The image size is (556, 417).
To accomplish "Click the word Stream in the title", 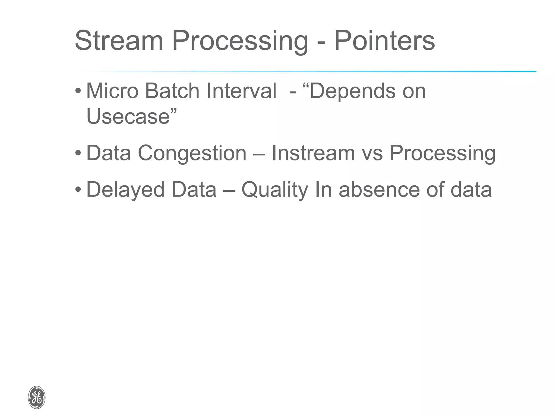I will (x=119, y=41).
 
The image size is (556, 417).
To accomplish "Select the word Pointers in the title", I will (x=384, y=41).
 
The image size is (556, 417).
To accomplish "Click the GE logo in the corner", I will (x=37, y=397).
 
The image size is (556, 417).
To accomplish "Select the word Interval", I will (x=241, y=91).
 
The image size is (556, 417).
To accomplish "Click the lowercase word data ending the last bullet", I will (x=471, y=189).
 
